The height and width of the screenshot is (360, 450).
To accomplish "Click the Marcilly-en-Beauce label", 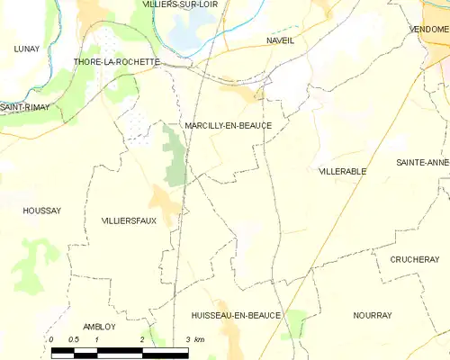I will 227,126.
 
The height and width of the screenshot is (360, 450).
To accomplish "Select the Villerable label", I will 342,170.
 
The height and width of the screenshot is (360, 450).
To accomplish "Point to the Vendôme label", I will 429,30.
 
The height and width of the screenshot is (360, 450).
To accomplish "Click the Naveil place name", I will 281,41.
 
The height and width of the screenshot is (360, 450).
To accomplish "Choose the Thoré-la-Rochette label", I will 117,62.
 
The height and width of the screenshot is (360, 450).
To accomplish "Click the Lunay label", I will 27,49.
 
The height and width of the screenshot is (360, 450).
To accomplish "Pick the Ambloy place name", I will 99,327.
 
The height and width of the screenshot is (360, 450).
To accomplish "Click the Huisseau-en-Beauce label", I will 237,316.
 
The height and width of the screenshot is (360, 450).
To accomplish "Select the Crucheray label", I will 414,259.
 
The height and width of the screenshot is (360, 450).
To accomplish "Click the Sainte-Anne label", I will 422,162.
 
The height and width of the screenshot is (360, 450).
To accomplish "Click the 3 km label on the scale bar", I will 193,339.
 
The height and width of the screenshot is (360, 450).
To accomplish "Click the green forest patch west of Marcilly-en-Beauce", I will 175,153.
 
